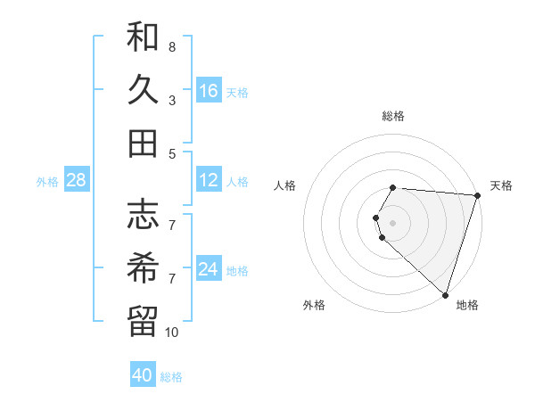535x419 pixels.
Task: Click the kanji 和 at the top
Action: [x=143, y=37]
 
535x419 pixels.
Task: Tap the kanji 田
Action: [x=143, y=143]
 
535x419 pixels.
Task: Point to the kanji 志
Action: [x=143, y=215]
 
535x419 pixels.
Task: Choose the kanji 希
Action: [x=143, y=267]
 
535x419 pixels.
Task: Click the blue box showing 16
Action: [x=209, y=90]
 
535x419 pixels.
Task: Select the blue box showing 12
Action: [x=209, y=180]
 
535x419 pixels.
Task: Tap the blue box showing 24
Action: [x=209, y=269]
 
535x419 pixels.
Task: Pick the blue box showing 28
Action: [x=76, y=180]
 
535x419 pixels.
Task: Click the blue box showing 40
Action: [x=143, y=375]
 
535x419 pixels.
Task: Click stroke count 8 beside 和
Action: [x=171, y=46]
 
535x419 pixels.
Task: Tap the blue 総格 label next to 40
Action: [x=171, y=377]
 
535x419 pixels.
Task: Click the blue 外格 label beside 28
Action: [x=47, y=182]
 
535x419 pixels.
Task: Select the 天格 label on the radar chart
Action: [x=501, y=185]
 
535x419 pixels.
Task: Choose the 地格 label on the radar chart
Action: [x=467, y=305]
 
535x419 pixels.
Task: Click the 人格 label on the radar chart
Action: [x=285, y=185]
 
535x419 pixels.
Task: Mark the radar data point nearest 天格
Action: [x=477, y=195]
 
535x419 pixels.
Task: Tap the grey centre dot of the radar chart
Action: [x=392, y=222]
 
